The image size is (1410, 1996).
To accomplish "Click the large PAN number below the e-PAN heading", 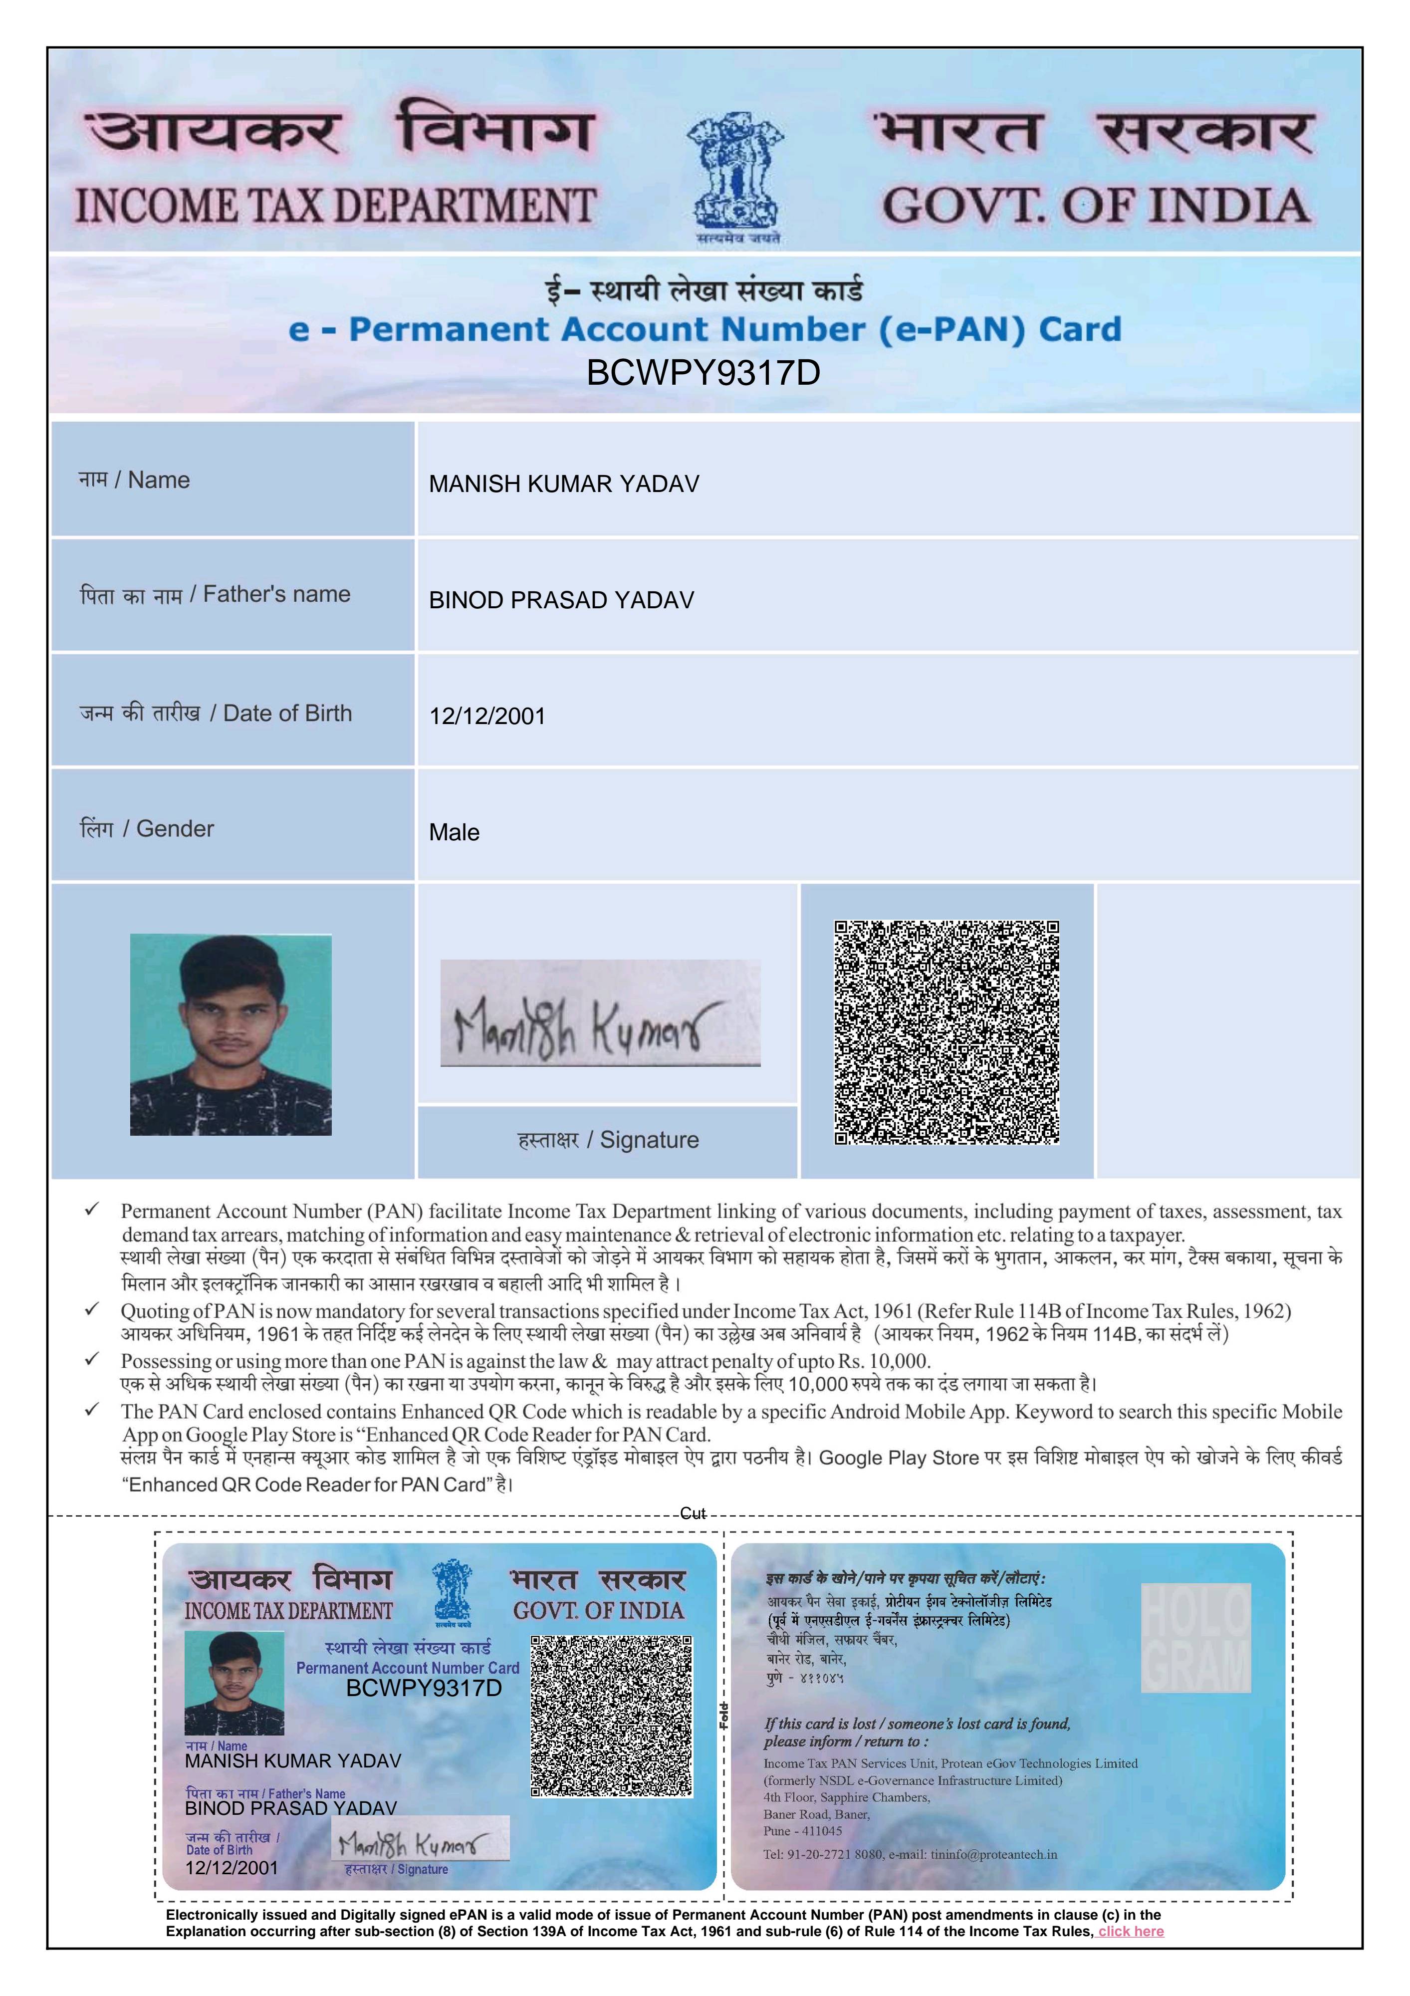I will pos(704,373).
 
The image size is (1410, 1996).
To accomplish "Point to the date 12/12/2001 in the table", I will pos(487,717).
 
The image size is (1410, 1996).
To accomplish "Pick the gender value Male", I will pos(454,833).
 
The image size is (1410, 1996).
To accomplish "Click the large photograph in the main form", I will pos(231,1034).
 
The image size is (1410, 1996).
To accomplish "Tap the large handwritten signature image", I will pos(600,1013).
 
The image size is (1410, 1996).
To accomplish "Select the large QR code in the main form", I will pos(946,1032).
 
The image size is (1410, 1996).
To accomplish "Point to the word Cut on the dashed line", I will pos(693,1513).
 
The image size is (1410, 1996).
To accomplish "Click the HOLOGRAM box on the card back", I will pos(1195,1639).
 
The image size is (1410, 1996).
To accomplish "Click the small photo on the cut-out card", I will pos(234,1683).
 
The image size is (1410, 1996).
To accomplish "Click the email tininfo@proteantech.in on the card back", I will pos(993,1854).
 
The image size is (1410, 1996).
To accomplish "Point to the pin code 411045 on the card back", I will pos(821,1831).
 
